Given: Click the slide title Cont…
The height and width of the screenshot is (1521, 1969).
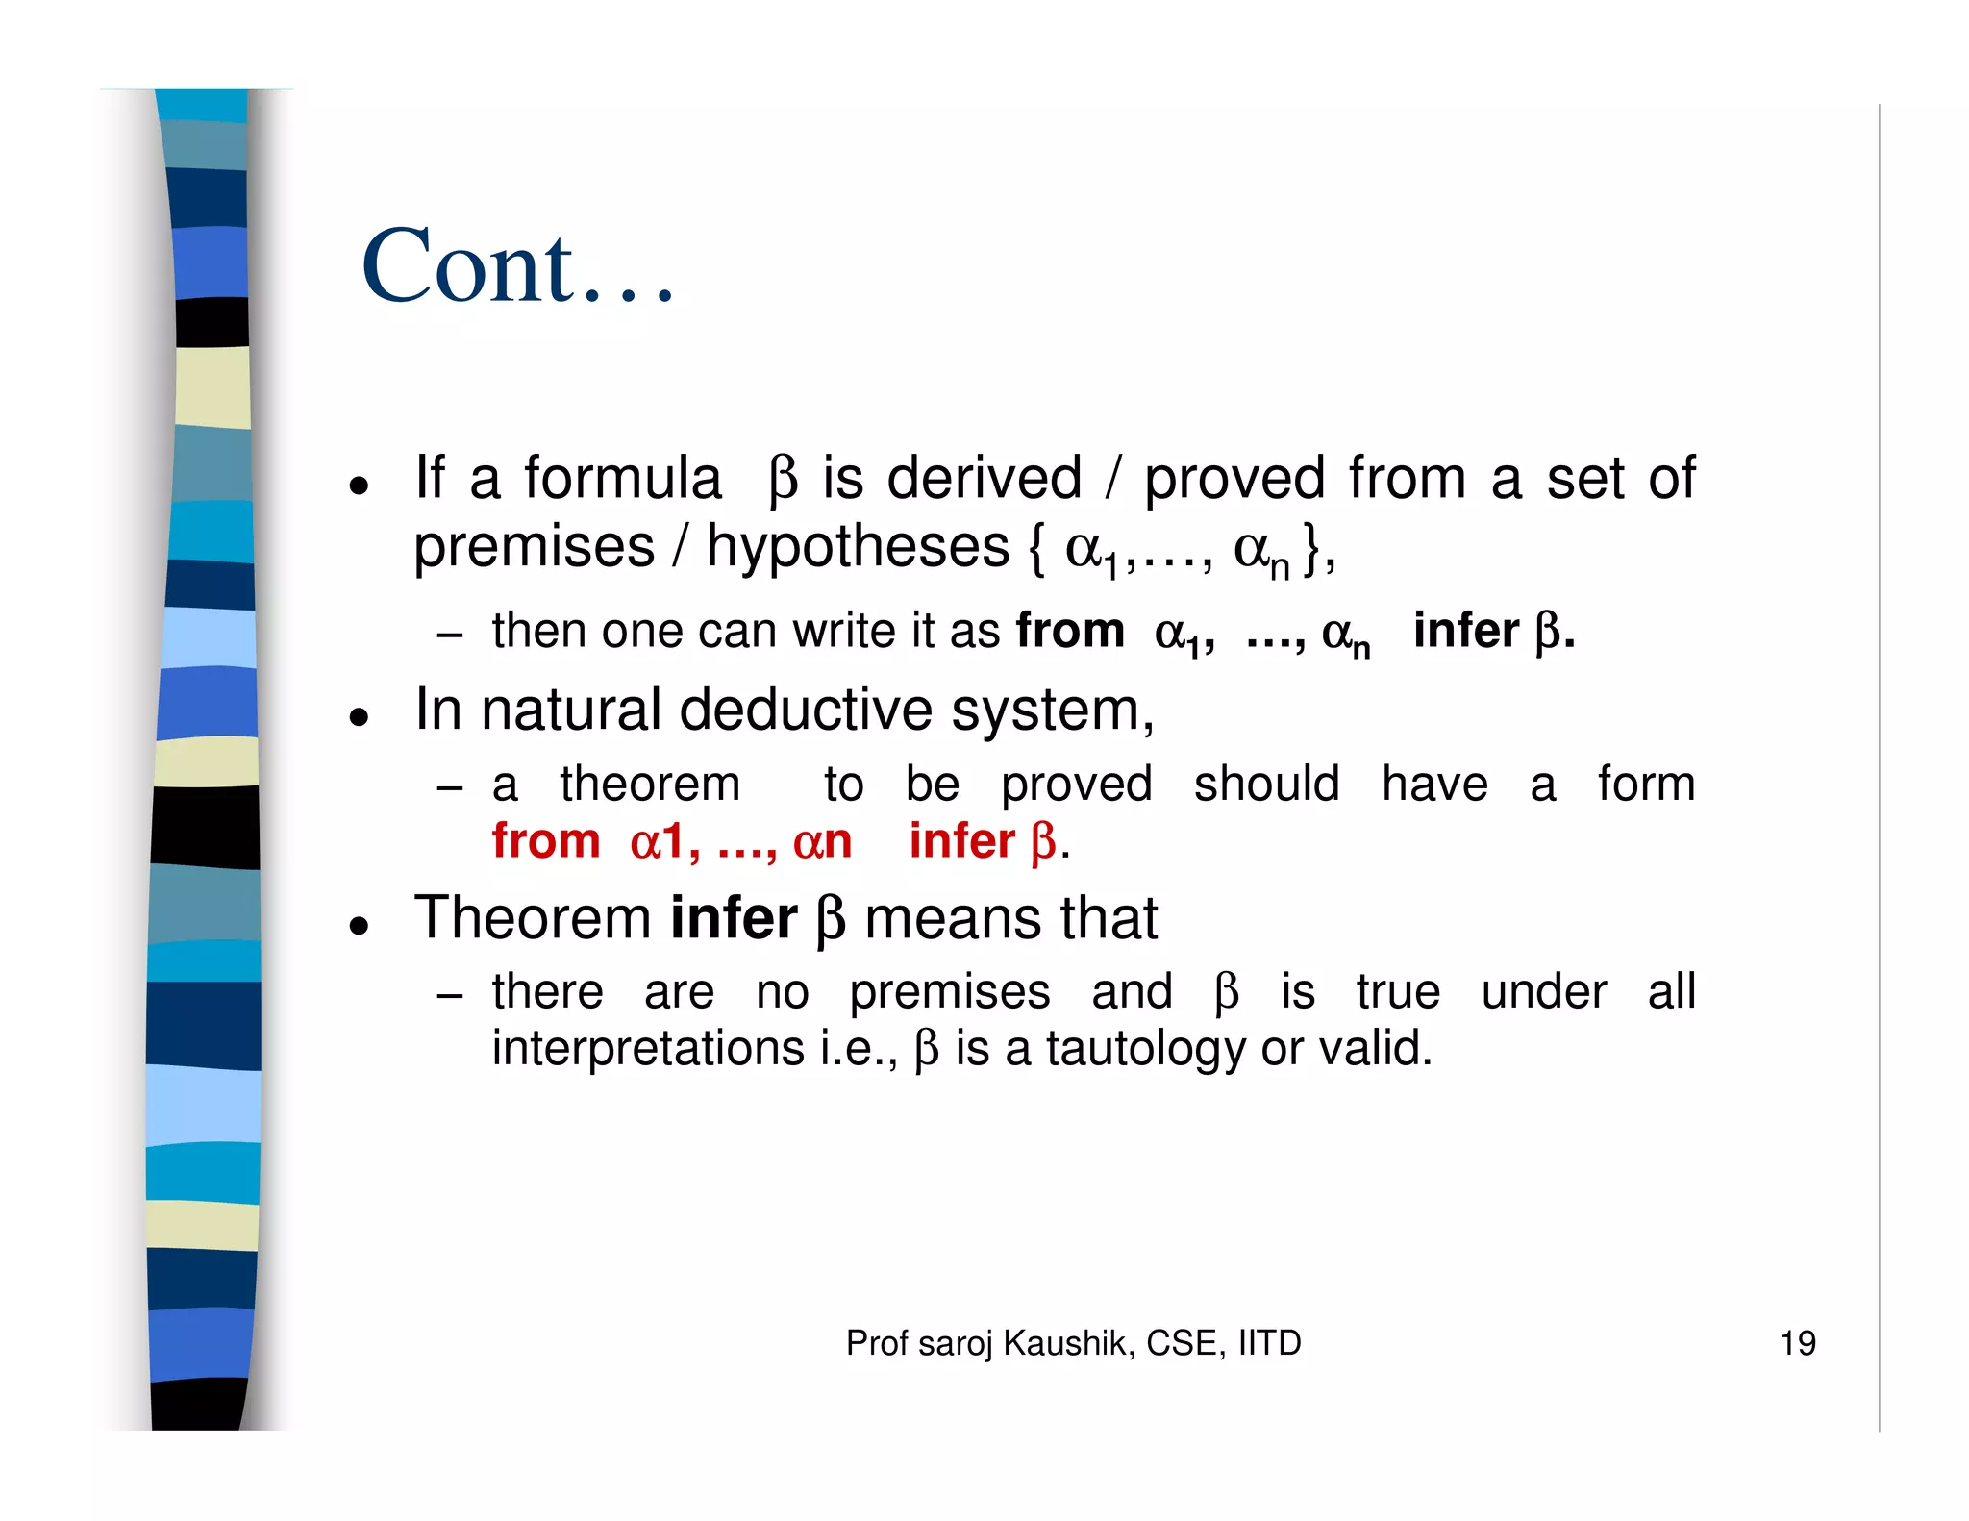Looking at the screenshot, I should pyautogui.click(x=518, y=266).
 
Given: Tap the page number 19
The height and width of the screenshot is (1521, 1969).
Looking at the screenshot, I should pyautogui.click(x=1797, y=1343).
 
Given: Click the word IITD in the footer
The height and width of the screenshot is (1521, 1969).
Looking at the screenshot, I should pyautogui.click(x=1269, y=1343).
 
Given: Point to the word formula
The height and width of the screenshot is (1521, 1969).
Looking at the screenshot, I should pyautogui.click(x=622, y=478).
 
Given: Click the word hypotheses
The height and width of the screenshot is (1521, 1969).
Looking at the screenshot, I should pyautogui.click(x=858, y=547).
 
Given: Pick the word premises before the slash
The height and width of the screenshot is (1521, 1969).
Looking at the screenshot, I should pyautogui.click(x=534, y=547).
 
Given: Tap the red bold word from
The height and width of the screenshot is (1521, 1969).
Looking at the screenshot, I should pyautogui.click(x=545, y=841).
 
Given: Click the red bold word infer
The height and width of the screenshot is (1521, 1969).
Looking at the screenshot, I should pyautogui.click(x=961, y=841).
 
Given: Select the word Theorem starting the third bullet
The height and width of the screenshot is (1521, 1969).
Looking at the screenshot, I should pyautogui.click(x=533, y=918).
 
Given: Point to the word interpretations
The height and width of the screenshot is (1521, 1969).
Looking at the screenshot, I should pyautogui.click(x=647, y=1048).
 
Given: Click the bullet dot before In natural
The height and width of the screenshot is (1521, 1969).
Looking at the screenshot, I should pyautogui.click(x=360, y=716).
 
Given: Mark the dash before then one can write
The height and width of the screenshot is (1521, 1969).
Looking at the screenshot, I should pyautogui.click(x=449, y=635).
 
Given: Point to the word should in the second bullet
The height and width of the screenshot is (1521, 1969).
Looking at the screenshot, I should pyautogui.click(x=1266, y=785).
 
